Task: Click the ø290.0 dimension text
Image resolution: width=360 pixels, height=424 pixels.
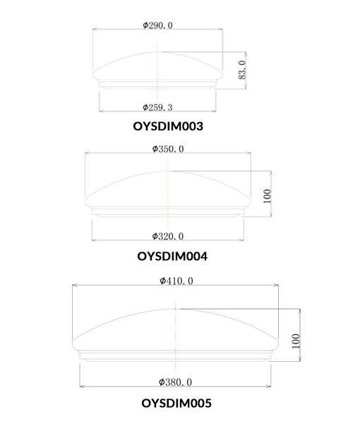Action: (x=157, y=25)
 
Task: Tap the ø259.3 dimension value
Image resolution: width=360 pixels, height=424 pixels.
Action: (x=157, y=107)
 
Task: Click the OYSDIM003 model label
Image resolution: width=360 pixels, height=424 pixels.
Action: (x=168, y=127)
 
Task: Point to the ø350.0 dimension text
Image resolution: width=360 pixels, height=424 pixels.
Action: (x=168, y=149)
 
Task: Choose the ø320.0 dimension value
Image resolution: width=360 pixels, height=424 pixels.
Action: (x=168, y=236)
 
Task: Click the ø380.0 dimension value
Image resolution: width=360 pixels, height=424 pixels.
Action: (x=176, y=382)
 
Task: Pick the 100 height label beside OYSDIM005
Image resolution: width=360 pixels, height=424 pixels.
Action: (x=296, y=342)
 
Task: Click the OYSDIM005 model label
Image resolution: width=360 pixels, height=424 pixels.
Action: (x=176, y=404)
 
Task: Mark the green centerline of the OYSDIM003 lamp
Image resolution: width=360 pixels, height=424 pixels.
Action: (x=159, y=71)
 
